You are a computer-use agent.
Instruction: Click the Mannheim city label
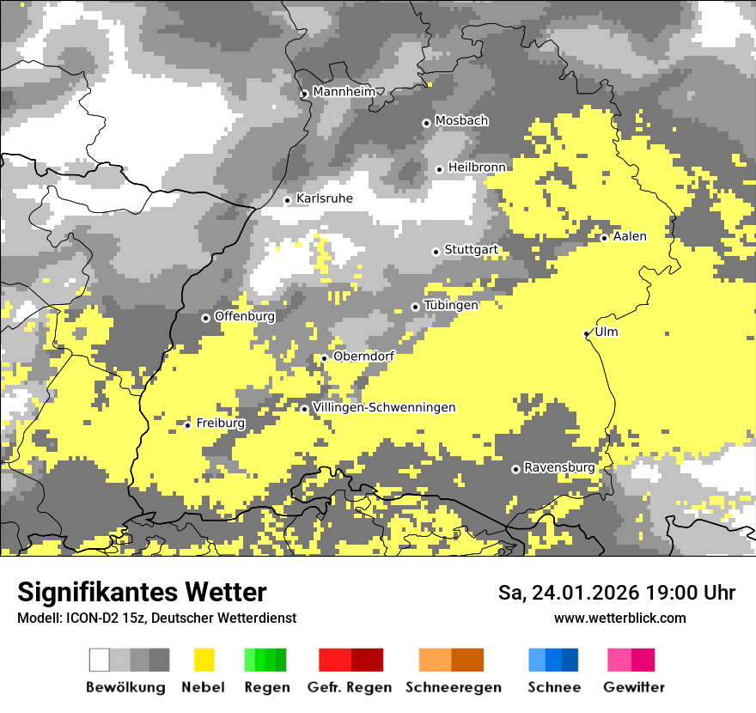(344, 92)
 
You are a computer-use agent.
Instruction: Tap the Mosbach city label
(461, 121)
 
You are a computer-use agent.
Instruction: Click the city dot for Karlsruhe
(288, 200)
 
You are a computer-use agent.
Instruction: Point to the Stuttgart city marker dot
(436, 252)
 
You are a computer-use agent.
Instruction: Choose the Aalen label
(630, 236)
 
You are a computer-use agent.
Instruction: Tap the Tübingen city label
(451, 305)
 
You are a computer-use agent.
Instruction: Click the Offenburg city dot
(205, 318)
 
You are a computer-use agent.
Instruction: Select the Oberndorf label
(363, 356)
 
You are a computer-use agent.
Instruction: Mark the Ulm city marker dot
(587, 333)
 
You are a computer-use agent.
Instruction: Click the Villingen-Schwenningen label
(384, 407)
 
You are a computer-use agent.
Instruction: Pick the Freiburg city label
(221, 423)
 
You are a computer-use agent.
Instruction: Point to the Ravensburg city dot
(515, 469)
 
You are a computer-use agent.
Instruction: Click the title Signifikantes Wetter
(142, 592)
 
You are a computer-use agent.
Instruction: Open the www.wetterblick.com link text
(619, 618)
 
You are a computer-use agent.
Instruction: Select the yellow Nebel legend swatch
(204, 660)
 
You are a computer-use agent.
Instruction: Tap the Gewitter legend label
(633, 687)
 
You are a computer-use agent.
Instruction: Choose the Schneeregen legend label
(453, 687)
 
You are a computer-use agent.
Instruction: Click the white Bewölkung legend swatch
(100, 660)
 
